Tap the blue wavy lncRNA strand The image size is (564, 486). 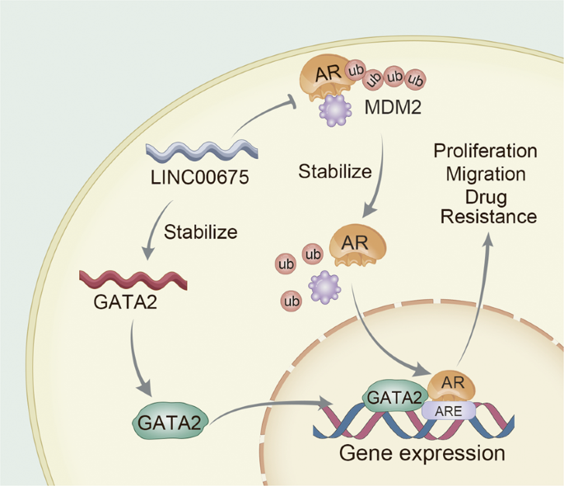tap(202, 151)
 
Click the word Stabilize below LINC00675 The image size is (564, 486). tap(200, 231)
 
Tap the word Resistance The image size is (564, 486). tap(487, 217)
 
